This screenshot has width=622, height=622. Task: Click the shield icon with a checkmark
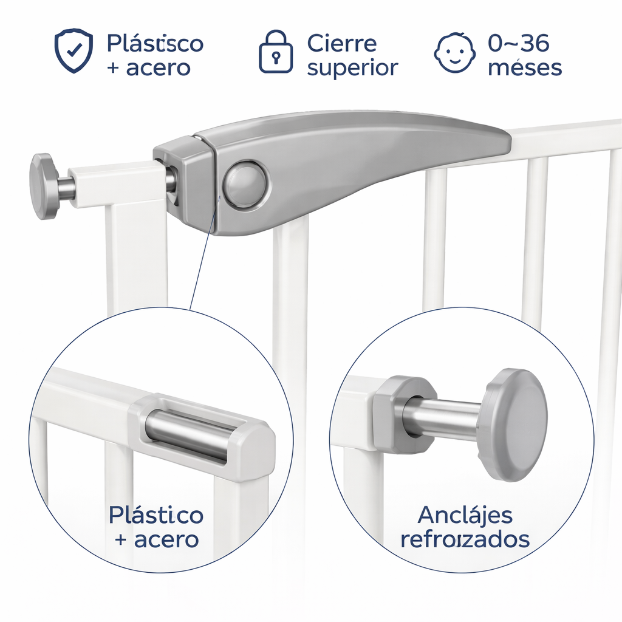(73, 51)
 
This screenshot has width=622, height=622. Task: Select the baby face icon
(454, 53)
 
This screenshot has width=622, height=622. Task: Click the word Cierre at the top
(341, 44)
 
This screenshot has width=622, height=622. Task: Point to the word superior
(352, 68)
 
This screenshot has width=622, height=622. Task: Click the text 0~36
(519, 43)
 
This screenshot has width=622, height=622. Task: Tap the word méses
(525, 67)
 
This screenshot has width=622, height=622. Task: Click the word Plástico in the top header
(155, 44)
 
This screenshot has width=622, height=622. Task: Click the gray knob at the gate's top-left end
(44, 186)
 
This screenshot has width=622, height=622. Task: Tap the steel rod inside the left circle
(188, 432)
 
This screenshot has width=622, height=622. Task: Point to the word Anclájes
(465, 516)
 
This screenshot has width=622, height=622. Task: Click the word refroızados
(465, 539)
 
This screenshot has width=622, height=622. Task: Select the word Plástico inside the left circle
(156, 516)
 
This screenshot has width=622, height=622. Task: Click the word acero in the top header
(158, 68)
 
